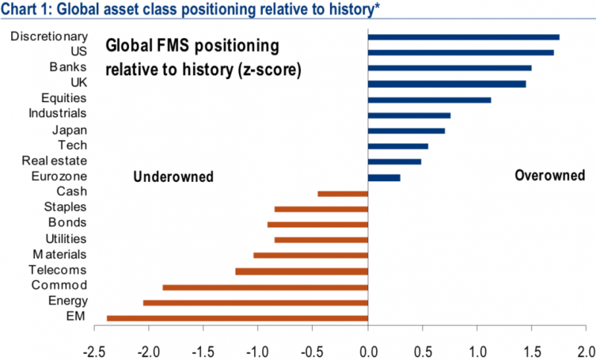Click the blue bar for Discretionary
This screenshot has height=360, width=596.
[x=463, y=37]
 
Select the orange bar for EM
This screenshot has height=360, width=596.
[x=237, y=318]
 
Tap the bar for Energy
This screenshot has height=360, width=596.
[x=256, y=303]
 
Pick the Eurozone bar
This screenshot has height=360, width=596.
[x=384, y=178]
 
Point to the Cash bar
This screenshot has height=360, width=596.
[x=343, y=194]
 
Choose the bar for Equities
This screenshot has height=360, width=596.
[x=430, y=100]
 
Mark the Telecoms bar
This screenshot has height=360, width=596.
[x=302, y=271]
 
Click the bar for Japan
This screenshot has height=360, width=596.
[x=406, y=131]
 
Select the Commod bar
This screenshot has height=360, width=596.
[x=265, y=288]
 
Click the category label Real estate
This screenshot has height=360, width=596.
[x=54, y=161]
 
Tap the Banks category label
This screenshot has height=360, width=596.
[x=68, y=67]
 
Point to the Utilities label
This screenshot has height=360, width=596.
[x=66, y=239]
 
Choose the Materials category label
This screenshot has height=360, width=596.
[x=60, y=254]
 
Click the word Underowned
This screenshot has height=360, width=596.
[x=174, y=177]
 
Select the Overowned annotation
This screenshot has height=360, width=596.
[x=550, y=175]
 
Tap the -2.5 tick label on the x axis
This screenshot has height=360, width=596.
[x=95, y=352]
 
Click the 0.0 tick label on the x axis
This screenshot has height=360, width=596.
[x=369, y=352]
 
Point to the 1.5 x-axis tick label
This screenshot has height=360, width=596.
[x=532, y=352]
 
